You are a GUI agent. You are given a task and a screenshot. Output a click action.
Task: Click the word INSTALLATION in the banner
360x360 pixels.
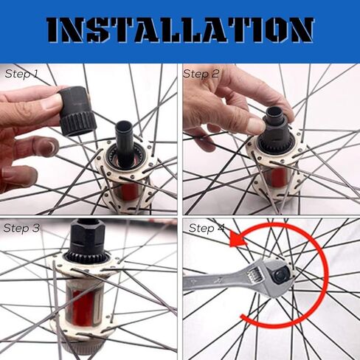(x=180, y=30)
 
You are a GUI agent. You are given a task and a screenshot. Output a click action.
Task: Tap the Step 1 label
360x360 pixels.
(x=21, y=74)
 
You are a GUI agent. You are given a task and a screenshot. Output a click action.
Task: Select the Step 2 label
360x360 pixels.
(x=201, y=74)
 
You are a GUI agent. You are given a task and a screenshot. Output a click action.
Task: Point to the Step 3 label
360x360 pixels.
(x=21, y=228)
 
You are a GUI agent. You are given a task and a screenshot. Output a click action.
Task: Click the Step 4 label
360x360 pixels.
(x=207, y=228)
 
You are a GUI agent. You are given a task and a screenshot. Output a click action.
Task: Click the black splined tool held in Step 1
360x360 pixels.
(x=77, y=111)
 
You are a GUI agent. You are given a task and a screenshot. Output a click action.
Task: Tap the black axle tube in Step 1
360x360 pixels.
(x=124, y=142)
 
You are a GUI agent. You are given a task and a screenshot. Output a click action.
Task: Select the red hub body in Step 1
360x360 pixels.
(x=129, y=191)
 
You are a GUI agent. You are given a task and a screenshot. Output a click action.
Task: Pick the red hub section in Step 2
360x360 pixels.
(x=277, y=176)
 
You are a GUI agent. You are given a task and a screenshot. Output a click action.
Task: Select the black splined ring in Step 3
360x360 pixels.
(x=87, y=257)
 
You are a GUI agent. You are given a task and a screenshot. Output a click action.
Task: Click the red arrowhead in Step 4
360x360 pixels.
(x=238, y=239)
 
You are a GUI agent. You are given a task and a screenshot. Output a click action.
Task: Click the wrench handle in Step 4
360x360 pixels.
(x=216, y=280)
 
